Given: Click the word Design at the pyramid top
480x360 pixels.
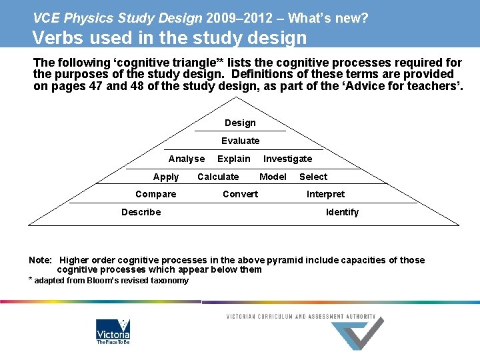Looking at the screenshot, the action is coord(240,123).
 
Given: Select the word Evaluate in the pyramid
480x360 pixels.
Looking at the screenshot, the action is coord(241,141).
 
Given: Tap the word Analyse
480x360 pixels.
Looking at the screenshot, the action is coord(187,159).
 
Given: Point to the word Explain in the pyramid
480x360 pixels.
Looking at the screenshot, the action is coord(234,159).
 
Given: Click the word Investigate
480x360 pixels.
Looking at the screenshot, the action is coord(287,159).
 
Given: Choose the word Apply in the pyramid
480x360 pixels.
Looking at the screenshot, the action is coord(166,177).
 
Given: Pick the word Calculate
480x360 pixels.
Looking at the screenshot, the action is coord(218,177).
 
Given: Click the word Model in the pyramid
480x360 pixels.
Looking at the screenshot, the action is coord(273,177).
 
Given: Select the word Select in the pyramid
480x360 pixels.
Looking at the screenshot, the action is coord(313,177).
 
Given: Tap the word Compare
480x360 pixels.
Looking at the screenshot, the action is coord(156,194).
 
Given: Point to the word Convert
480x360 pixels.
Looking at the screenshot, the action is coord(240,194).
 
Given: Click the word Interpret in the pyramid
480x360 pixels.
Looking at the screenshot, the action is coord(325,194).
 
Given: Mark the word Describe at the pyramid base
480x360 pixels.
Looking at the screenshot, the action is coord(141,212).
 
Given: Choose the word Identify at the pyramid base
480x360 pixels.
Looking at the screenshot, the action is coord(342,212).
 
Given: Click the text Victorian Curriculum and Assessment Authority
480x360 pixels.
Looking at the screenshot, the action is coord(301,317).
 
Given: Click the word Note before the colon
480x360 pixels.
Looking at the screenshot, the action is coord(39,260).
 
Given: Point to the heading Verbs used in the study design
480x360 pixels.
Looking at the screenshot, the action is coord(169,37).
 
